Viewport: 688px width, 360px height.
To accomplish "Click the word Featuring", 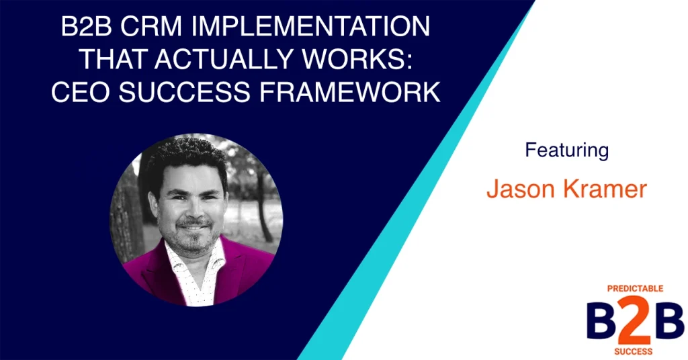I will (566, 149).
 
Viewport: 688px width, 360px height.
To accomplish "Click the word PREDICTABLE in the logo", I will (626, 288).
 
